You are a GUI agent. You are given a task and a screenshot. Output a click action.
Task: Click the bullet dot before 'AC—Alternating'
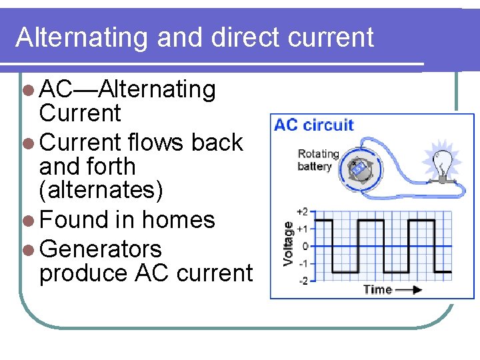(x=27, y=89)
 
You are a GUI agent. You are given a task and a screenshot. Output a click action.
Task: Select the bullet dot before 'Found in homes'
(x=27, y=220)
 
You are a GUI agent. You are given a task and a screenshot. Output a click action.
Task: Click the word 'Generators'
(x=101, y=249)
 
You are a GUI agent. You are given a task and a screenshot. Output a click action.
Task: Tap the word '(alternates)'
(x=101, y=190)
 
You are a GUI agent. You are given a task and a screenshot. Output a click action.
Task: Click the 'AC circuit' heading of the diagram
(x=314, y=125)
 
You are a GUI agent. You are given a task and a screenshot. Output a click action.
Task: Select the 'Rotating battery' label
(x=318, y=160)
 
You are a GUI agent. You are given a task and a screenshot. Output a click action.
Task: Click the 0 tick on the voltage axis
(x=305, y=246)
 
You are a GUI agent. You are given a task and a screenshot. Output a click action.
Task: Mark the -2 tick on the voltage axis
(x=303, y=281)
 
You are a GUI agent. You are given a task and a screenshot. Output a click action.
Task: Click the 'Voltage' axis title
(x=288, y=244)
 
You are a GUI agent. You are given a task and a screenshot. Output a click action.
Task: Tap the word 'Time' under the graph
(x=377, y=289)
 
